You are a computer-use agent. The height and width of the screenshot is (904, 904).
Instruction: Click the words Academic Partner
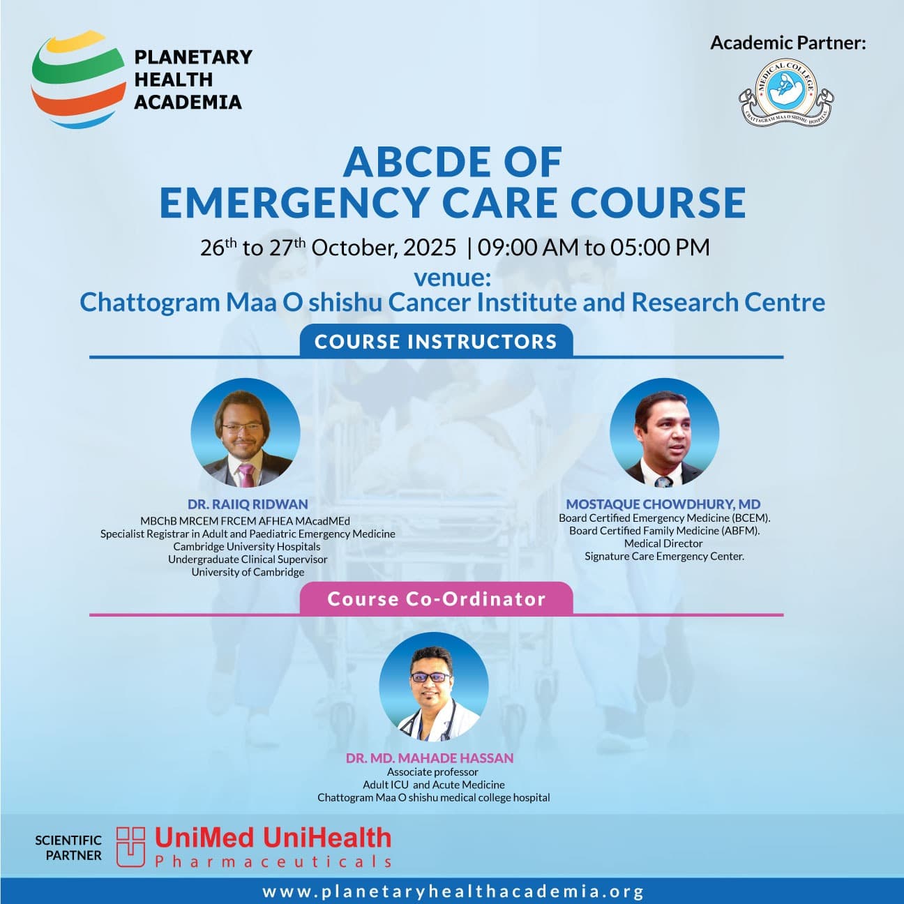[x=788, y=43]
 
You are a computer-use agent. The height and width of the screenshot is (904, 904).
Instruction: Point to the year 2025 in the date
[x=430, y=247]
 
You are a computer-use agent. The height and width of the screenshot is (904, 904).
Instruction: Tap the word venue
[x=452, y=277]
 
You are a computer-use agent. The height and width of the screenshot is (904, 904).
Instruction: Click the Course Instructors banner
[x=436, y=341]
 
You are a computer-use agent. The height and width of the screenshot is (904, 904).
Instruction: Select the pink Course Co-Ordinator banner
[x=436, y=599]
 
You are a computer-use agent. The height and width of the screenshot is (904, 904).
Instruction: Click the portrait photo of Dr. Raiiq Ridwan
[x=246, y=433]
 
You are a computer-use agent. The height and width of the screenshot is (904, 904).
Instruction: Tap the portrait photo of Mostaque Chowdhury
[x=664, y=433]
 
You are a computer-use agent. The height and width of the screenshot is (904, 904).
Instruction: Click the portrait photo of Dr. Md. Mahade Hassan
[x=433, y=687]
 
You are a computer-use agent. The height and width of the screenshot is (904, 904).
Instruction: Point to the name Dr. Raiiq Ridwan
[x=248, y=504]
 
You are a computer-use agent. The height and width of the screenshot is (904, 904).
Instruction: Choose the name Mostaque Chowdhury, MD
[x=663, y=504]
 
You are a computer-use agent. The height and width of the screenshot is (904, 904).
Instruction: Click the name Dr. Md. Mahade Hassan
[x=430, y=758]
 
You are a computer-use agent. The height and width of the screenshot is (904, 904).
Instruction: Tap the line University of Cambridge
[x=248, y=572]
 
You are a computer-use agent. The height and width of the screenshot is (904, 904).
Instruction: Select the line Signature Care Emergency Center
[x=664, y=556]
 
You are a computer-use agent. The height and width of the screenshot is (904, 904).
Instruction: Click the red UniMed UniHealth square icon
[x=130, y=847]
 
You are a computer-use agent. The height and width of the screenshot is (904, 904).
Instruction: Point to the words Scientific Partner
[x=68, y=847]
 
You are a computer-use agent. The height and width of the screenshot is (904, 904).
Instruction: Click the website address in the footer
[x=453, y=891]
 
